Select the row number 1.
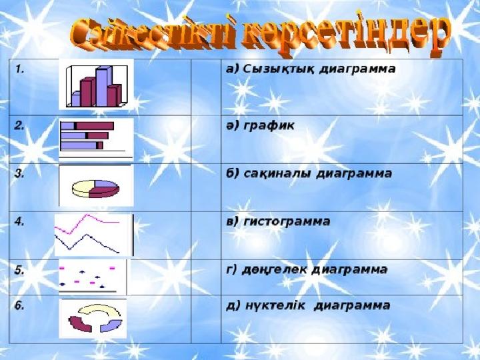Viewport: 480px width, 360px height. pos(20,69)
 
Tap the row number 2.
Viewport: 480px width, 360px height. pos(19,125)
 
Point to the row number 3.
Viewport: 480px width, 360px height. pos(19,173)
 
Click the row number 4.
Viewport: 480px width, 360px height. pos(19,221)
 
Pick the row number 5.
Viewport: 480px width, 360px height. pos(19,270)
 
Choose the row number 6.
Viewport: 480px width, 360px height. pos(19,305)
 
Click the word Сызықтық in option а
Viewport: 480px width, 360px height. pos(279,69)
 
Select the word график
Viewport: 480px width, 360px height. pos(269,125)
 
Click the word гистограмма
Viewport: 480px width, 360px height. pos(287,221)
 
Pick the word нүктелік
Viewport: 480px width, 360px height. pos(275,305)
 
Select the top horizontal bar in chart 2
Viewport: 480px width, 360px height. pos(87,126)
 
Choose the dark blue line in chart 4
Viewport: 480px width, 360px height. pos(87,242)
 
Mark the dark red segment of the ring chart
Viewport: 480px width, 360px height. pos(80,324)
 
